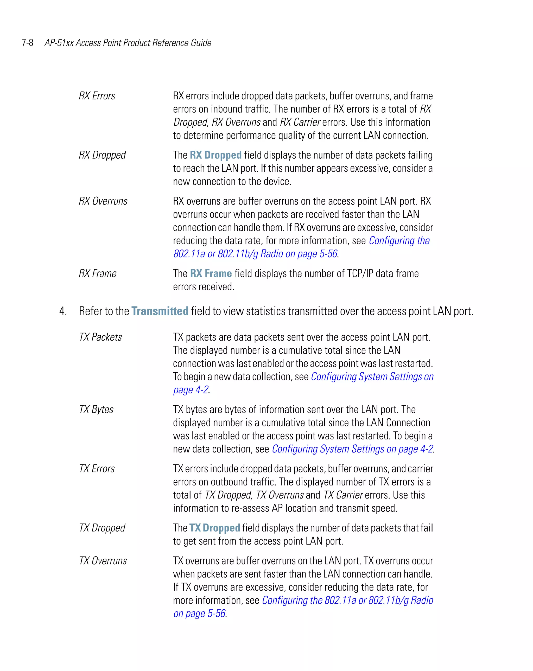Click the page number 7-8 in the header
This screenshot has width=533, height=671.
point(27,43)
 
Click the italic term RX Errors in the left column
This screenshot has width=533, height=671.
point(97,96)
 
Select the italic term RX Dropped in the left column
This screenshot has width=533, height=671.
point(102,155)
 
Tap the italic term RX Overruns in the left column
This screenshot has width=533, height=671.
point(103,201)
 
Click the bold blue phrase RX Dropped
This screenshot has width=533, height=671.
point(215,155)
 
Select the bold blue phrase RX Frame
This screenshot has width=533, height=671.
point(211,273)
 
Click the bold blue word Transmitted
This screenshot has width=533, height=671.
point(160,311)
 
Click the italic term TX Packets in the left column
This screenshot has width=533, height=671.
point(100,337)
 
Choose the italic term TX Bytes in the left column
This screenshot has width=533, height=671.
point(96,410)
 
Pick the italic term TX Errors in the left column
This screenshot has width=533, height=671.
point(97,469)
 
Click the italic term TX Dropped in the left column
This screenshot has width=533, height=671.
point(102,528)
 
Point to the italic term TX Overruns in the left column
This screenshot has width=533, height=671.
point(103,561)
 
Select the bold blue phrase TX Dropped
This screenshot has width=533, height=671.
point(214,528)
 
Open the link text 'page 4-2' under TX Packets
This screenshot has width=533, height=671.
point(191,390)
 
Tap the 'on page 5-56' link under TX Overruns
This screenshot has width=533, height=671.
point(199,614)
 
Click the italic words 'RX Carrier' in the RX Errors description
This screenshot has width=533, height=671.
point(300,122)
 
